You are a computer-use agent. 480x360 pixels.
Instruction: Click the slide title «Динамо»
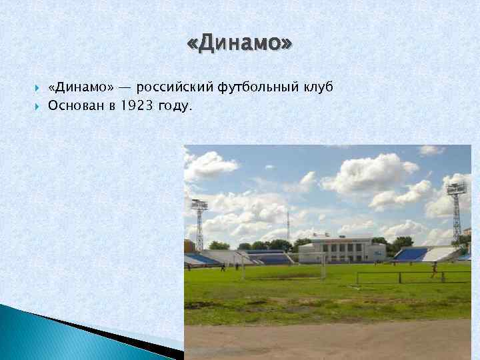(x=239, y=45)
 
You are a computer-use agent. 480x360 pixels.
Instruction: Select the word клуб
(x=317, y=87)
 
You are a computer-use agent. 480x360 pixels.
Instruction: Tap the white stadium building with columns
(x=341, y=250)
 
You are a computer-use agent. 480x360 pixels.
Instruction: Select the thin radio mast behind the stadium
(x=288, y=227)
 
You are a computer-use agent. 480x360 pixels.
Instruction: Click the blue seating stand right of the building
(x=411, y=254)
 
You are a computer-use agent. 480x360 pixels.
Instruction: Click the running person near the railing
(x=434, y=269)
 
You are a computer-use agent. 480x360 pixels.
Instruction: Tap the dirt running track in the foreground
(x=327, y=340)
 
